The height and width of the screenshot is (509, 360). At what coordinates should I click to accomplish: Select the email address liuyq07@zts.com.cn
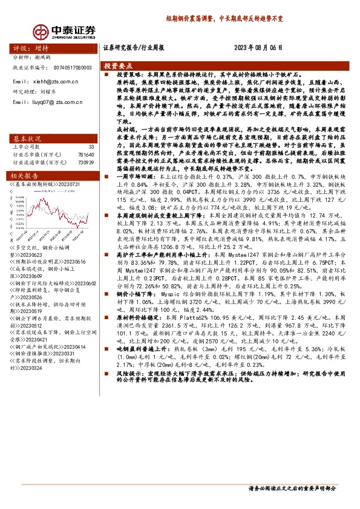tap(54, 102)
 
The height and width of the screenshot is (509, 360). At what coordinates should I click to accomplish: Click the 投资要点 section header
tap(117, 65)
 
